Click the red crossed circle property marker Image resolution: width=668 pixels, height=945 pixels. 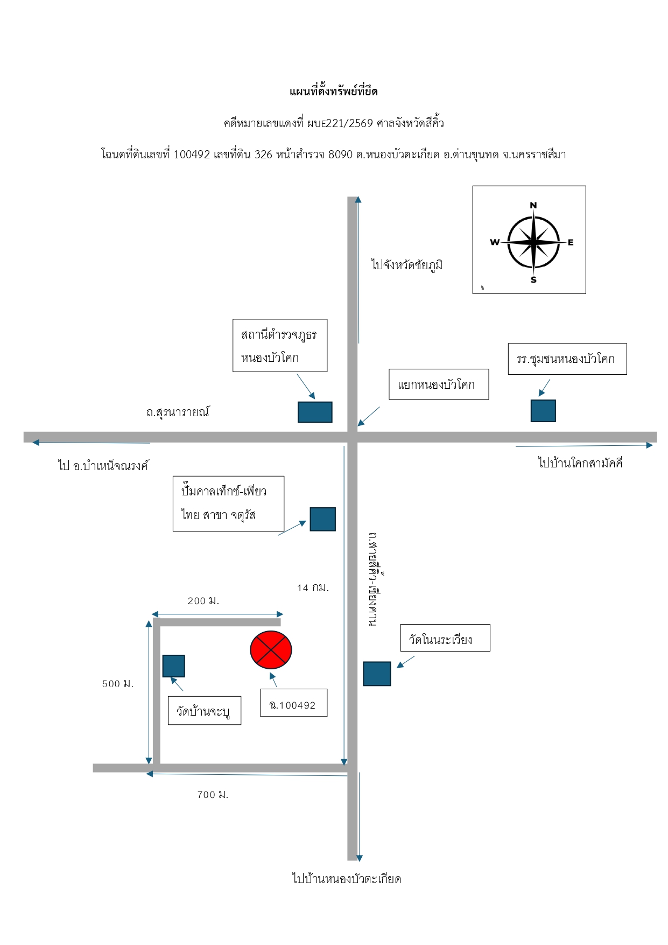pyautogui.click(x=271, y=650)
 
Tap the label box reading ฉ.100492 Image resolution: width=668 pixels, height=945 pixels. pyautogui.click(x=293, y=703)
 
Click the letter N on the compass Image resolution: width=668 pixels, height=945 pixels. pyautogui.click(x=533, y=205)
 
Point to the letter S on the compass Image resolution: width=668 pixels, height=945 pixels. pyautogui.click(x=533, y=279)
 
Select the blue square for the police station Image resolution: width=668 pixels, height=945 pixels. pyautogui.click(x=315, y=412)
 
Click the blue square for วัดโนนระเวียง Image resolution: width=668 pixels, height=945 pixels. pyautogui.click(x=377, y=674)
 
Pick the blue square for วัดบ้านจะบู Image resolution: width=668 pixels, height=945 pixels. pyautogui.click(x=174, y=666)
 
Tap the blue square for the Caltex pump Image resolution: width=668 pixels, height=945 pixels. pyautogui.click(x=323, y=519)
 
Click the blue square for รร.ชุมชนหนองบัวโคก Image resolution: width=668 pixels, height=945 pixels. pyautogui.click(x=543, y=411)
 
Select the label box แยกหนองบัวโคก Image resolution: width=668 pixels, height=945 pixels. pyautogui.click(x=439, y=384)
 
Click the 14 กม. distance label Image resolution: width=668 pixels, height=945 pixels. pyautogui.click(x=313, y=587)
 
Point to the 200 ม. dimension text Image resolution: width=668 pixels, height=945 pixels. pyautogui.click(x=203, y=600)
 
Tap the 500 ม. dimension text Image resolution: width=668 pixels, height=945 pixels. pyautogui.click(x=118, y=683)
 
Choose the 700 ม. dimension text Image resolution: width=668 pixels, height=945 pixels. pyautogui.click(x=213, y=794)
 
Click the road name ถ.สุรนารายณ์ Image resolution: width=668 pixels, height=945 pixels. pyautogui.click(x=178, y=412)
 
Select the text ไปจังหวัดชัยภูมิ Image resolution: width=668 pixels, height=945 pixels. pyautogui.click(x=407, y=265)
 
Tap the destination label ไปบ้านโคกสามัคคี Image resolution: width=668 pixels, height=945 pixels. pyautogui.click(x=580, y=463)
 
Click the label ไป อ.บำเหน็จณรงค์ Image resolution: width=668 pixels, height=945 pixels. pyautogui.click(x=103, y=465)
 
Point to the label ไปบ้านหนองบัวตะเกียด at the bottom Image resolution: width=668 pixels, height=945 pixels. pyautogui.click(x=347, y=879)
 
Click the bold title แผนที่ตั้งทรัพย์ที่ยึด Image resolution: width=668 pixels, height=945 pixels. pyautogui.click(x=334, y=92)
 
